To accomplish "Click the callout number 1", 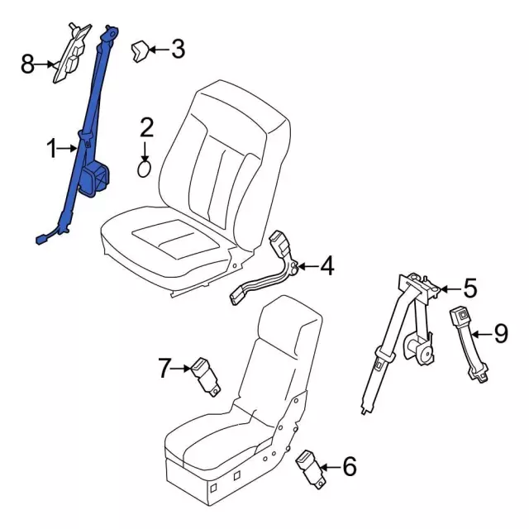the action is tap(51, 149).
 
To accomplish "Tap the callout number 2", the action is tap(146, 127).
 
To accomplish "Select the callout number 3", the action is tap(179, 49).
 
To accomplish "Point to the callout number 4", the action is tap(327, 266).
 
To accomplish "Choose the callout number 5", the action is tap(470, 288).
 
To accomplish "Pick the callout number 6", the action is tap(350, 466).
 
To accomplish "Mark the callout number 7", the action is tap(164, 368).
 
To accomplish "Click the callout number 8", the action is tap(27, 64).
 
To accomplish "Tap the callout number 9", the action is tap(501, 333).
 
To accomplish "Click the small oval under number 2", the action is tap(144, 169).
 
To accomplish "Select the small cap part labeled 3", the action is tap(140, 51).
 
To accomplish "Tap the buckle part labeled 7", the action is tap(206, 376).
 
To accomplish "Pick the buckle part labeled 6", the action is tap(311, 469).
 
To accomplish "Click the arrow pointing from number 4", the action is tap(308, 266).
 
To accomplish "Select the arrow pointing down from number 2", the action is tap(145, 152).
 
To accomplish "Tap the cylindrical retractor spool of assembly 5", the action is tap(419, 349).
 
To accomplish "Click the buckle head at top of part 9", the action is tap(459, 316).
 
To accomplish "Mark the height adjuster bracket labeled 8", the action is tap(72, 53).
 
